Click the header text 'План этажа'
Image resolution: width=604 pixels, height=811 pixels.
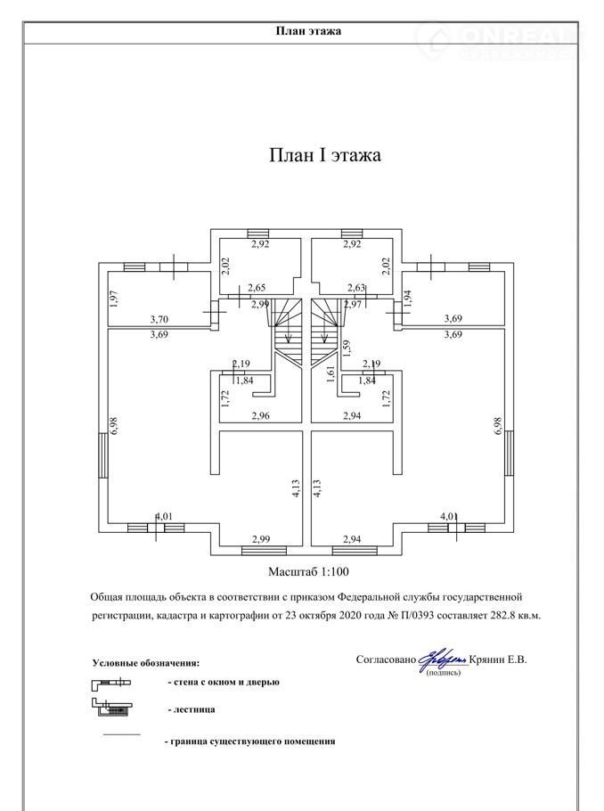pyautogui.click(x=308, y=30)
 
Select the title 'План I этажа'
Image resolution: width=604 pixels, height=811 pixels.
pyautogui.click(x=325, y=155)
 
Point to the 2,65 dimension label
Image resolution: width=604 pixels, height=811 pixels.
pyautogui.click(x=257, y=287)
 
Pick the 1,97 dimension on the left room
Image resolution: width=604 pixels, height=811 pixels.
pyautogui.click(x=114, y=299)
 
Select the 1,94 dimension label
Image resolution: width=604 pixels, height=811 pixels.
pyautogui.click(x=407, y=298)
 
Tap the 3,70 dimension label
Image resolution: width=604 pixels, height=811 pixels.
pyautogui.click(x=159, y=318)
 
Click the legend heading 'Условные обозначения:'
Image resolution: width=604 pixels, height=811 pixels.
pyautogui.click(x=146, y=663)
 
